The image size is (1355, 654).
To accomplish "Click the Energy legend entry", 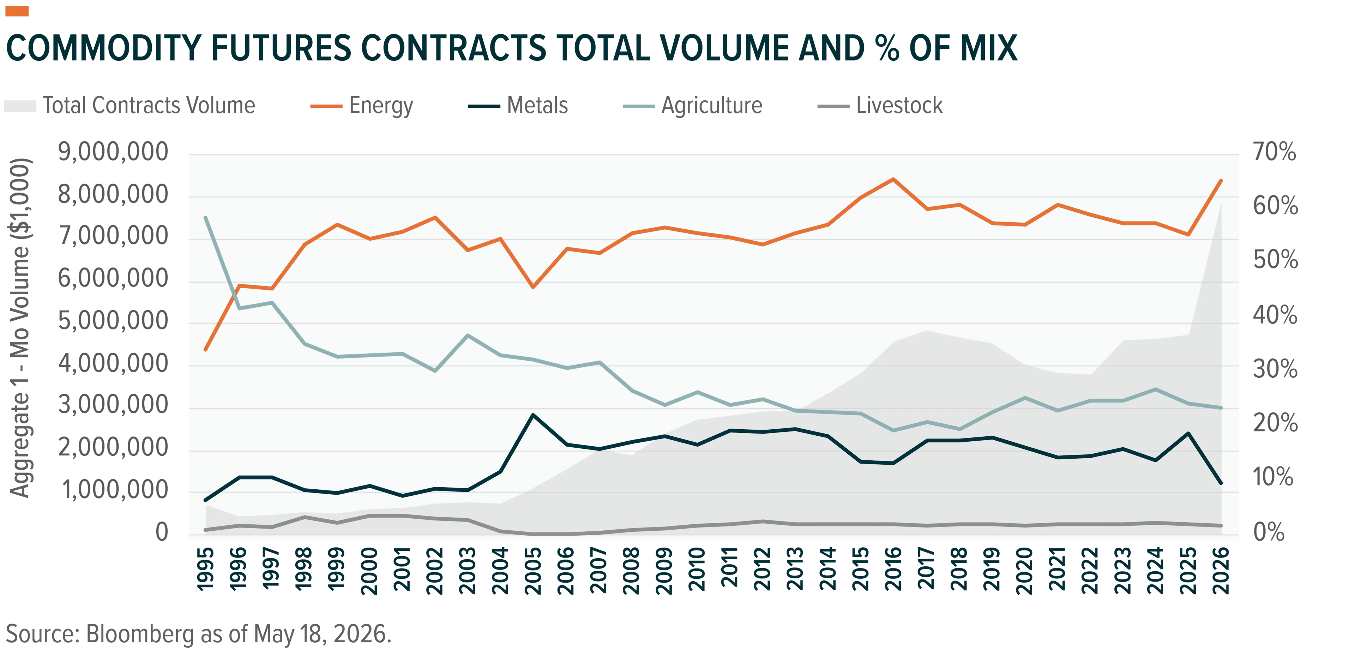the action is [x=362, y=105].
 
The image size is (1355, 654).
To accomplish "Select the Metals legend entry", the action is [x=518, y=105].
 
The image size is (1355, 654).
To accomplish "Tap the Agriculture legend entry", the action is [x=693, y=105].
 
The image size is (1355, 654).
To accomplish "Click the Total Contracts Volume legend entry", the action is [x=130, y=105].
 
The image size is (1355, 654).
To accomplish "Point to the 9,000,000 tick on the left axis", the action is [x=113, y=152].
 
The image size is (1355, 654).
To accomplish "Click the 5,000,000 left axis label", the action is [x=113, y=321].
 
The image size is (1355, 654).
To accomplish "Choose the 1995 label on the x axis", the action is [x=206, y=571].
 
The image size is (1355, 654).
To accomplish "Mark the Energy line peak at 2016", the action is [x=893, y=179].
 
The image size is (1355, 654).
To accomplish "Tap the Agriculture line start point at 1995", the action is [x=206, y=217].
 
